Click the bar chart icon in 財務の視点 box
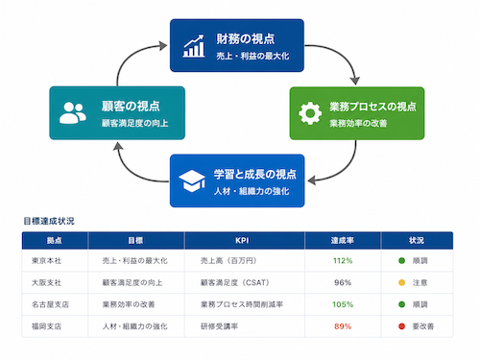[194, 46]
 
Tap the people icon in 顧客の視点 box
[73, 113]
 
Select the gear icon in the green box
[310, 113]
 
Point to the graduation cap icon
[192, 180]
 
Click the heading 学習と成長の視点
[255, 175]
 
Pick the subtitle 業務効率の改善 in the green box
[358, 123]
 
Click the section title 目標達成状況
[49, 221]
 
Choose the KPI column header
[242, 241]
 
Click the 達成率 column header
[343, 241]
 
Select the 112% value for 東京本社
[343, 261]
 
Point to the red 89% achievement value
[343, 326]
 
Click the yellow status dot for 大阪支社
[401, 282]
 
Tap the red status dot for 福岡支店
[401, 326]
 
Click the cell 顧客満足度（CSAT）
[235, 282]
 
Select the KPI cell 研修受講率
[219, 326]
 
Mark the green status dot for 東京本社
[401, 261]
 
